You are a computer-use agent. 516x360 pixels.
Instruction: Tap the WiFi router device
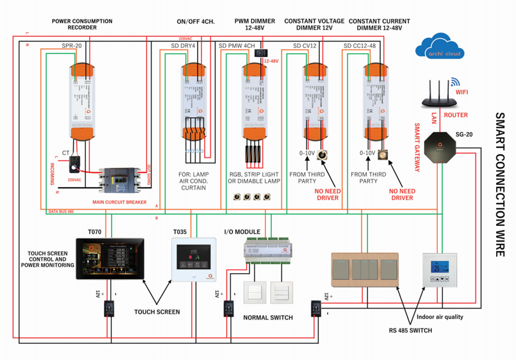pyautogui.click(x=439, y=96)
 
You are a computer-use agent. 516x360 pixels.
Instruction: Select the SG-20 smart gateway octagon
pyautogui.click(x=440, y=147)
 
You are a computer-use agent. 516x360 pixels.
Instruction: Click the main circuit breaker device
pyautogui.click(x=119, y=180)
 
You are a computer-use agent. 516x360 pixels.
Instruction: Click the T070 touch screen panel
pyautogui.click(x=110, y=259)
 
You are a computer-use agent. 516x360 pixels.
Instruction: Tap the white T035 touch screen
pyautogui.click(x=194, y=259)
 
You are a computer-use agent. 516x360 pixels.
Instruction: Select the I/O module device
pyautogui.click(x=268, y=250)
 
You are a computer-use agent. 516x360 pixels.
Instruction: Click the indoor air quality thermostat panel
pyautogui.click(x=440, y=270)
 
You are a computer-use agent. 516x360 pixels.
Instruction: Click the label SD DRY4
pyautogui.click(x=183, y=46)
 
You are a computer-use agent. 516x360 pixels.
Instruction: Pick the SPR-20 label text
pyautogui.click(x=72, y=46)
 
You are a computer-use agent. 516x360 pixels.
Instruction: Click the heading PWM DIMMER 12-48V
pyautogui.click(x=254, y=24)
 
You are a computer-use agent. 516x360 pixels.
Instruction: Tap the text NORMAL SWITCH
pyautogui.click(x=268, y=318)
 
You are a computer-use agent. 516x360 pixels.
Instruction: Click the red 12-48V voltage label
pyautogui.click(x=271, y=61)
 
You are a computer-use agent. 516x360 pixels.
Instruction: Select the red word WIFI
pyautogui.click(x=462, y=92)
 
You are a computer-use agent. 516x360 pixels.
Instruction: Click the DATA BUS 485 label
pyautogui.click(x=61, y=212)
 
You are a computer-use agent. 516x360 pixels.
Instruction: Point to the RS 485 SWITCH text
pyautogui.click(x=410, y=330)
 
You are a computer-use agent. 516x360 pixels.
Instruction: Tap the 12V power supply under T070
pyautogui.click(x=109, y=309)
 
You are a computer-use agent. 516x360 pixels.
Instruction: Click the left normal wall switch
pyautogui.click(x=255, y=293)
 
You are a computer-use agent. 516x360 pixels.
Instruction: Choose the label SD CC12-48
pyautogui.click(x=359, y=46)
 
